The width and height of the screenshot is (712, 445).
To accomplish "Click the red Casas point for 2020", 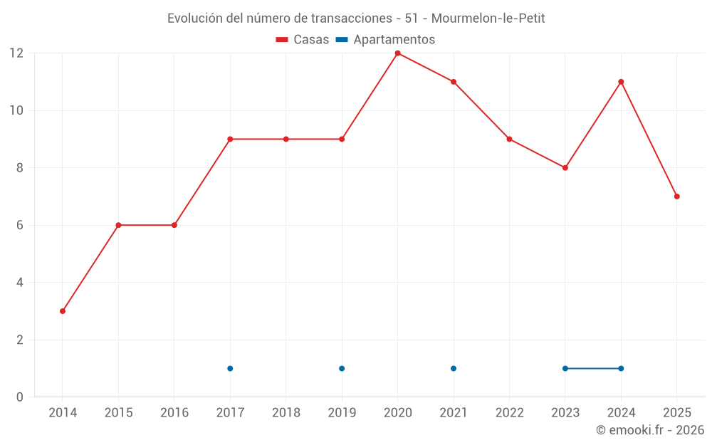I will pos(397,53).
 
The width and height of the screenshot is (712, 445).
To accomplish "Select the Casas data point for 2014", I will pos(63,311).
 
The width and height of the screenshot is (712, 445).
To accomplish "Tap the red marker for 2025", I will pos(676,197).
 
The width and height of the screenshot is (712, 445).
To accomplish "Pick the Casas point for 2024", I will pos(621,82).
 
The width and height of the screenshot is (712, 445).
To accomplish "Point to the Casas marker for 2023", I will pos(565,168).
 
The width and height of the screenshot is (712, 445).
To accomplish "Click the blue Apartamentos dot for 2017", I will pos(230,368).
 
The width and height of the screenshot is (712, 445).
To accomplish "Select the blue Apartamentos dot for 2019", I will pos(342,368).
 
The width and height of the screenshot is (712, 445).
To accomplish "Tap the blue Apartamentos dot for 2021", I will pos(454,368).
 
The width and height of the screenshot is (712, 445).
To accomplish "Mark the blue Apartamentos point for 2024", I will pos(621,368).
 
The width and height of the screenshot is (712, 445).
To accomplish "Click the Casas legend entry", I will pos(303,40).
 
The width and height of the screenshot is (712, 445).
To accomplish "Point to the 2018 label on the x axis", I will pos(286,413).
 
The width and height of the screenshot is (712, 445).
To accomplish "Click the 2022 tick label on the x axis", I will pos(509,413).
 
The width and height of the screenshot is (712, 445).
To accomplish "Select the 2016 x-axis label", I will pos(174,413).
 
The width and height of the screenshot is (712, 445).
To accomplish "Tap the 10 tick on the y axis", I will pos(16,110).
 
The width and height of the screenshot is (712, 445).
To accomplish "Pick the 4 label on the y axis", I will pos(20,283).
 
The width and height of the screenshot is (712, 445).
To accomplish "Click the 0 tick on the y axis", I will pos(20,397).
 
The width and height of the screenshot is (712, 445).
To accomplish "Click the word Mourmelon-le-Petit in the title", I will pos(488,19).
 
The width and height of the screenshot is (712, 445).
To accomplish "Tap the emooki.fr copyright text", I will pos(650,430).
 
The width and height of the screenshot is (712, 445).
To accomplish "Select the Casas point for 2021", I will pos(454,82).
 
